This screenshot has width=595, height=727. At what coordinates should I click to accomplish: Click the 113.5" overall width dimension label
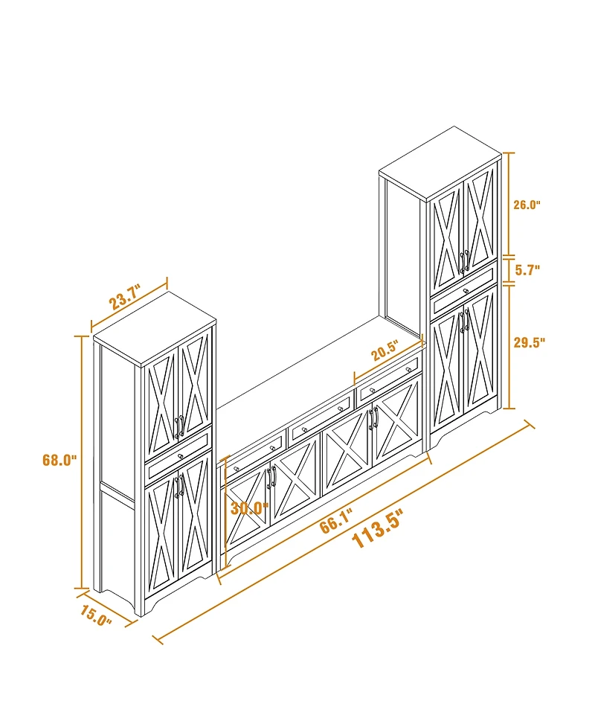(376, 531)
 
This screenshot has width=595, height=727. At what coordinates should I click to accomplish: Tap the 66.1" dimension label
(336, 522)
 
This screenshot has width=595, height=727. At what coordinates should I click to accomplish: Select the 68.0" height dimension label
(59, 460)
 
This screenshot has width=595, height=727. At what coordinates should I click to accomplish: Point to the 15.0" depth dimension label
(96, 617)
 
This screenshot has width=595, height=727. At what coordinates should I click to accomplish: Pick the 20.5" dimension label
(385, 350)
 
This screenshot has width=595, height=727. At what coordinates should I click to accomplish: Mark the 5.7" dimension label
(527, 270)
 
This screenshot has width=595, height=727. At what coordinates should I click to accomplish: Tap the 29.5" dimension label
(530, 342)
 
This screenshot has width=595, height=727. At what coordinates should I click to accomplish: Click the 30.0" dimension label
(249, 508)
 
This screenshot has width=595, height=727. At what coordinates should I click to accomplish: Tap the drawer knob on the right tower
(465, 290)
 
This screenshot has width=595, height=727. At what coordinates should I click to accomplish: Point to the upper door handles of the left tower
(179, 426)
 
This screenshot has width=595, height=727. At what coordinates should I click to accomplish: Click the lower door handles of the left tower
(179, 487)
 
